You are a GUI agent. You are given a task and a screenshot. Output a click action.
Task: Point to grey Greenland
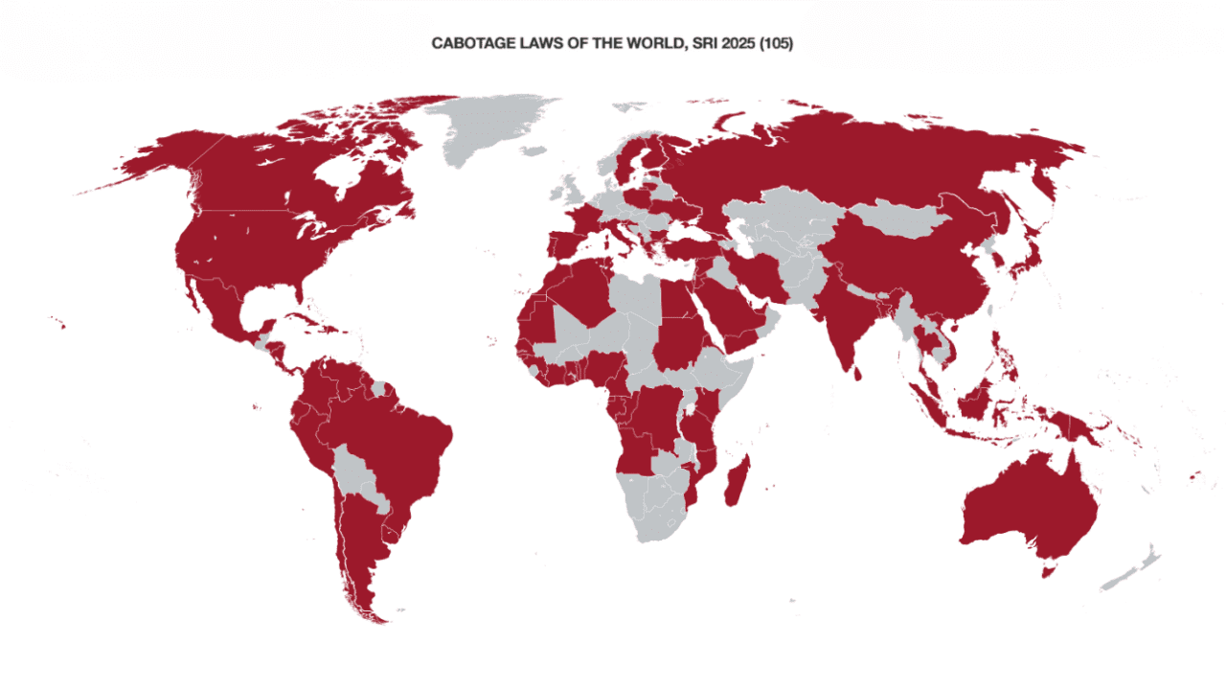point(488,134)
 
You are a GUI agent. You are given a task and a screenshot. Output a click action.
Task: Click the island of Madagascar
point(736,482)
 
